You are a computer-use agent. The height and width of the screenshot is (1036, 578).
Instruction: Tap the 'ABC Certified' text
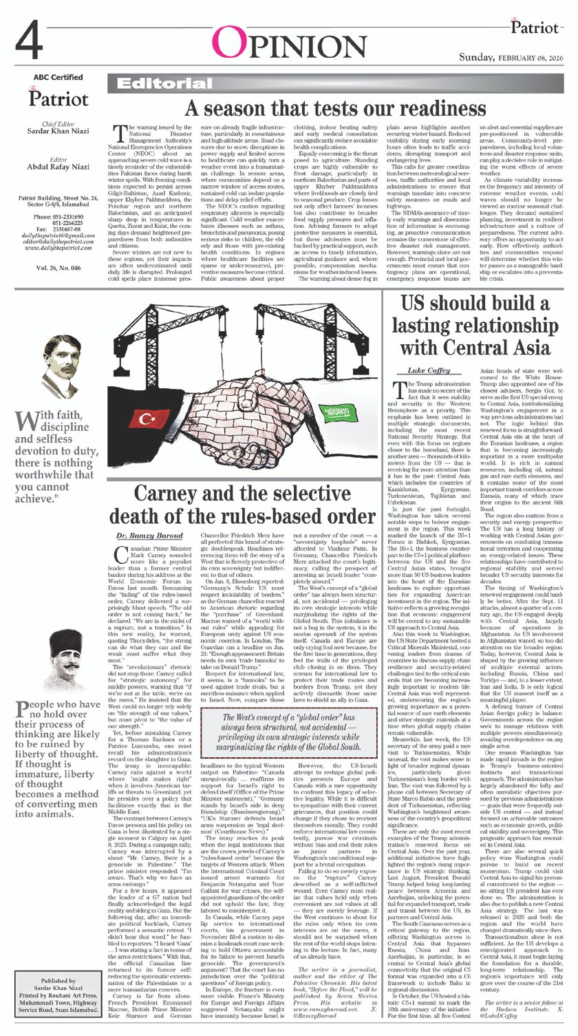(58, 78)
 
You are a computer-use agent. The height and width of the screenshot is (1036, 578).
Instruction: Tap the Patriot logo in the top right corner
(533, 28)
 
